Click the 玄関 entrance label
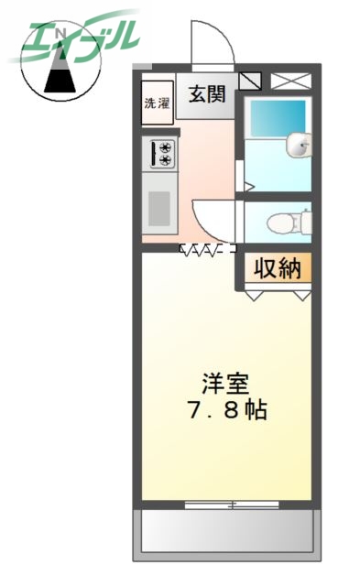coord(207,94)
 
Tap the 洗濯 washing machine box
coord(156,103)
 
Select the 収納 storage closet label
coord(277,268)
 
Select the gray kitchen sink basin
coord(160,208)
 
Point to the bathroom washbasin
coord(300,144)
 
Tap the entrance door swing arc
coord(206,41)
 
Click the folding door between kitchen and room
coord(207,248)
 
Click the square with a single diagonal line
coord(250,81)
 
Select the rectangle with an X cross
coord(290,81)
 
